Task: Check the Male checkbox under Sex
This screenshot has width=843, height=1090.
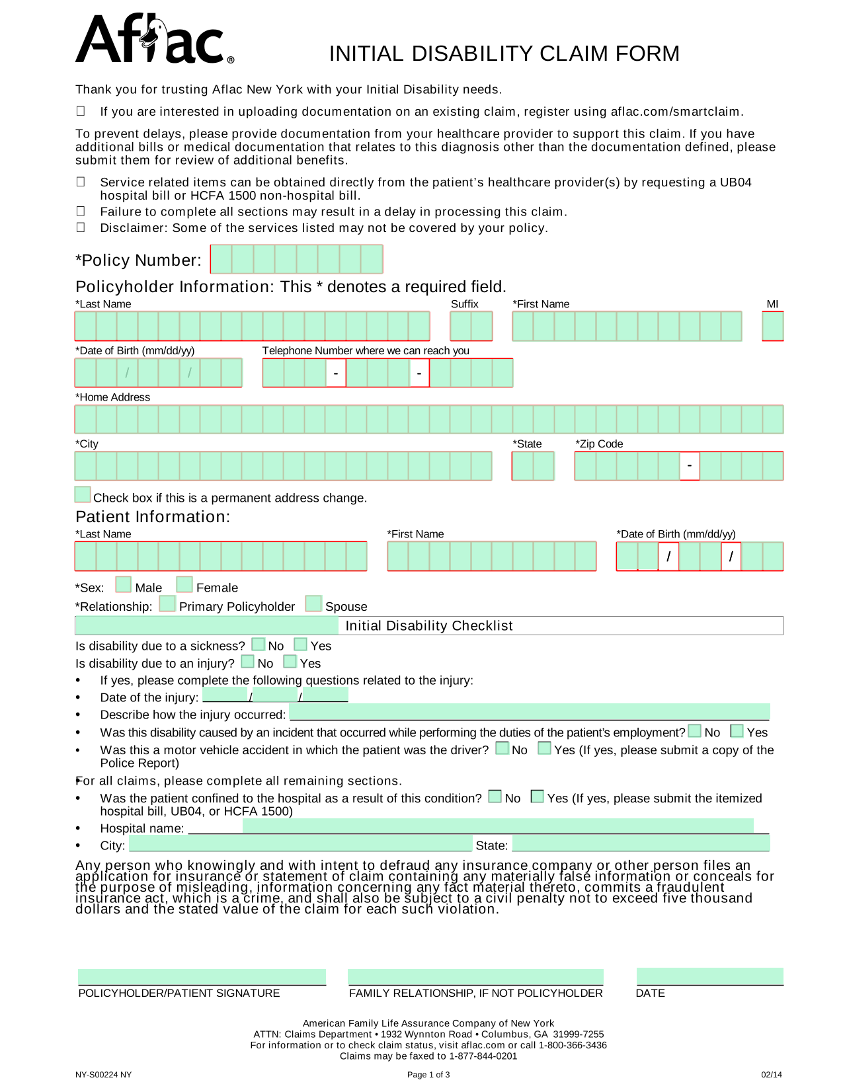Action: [x=123, y=585]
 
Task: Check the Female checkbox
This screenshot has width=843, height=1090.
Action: [x=184, y=585]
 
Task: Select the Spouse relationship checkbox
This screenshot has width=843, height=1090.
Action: [x=313, y=604]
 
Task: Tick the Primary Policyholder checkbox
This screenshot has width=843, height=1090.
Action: [x=167, y=604]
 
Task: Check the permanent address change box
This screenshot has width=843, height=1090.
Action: [x=83, y=494]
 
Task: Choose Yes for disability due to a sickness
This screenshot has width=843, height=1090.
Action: [x=301, y=644]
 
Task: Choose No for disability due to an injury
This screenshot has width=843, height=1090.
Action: [x=248, y=661]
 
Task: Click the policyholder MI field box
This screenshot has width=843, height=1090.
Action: [x=772, y=327]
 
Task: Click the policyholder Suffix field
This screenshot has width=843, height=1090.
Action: [x=471, y=327]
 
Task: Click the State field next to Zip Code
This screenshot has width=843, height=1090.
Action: [x=532, y=467]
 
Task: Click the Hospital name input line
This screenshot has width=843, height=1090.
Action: [x=497, y=826]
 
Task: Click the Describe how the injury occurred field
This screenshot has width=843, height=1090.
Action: [x=529, y=712]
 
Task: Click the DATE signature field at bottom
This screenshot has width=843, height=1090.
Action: [x=709, y=976]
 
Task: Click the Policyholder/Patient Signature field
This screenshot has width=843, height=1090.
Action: [x=202, y=977]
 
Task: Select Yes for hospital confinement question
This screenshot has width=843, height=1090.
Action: [x=538, y=797]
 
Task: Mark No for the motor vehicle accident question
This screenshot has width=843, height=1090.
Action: [x=502, y=748]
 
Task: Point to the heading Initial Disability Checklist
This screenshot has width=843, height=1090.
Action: [x=428, y=625]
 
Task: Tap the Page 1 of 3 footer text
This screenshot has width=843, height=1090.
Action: [x=428, y=1075]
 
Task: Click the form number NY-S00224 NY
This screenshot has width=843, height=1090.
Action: [x=103, y=1075]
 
